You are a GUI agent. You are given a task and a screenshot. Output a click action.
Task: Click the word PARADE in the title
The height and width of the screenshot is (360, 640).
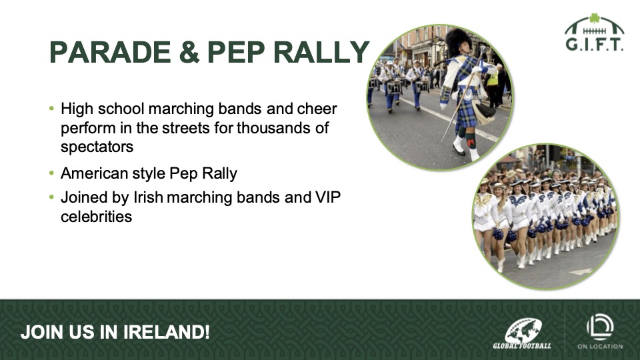coord(110,52)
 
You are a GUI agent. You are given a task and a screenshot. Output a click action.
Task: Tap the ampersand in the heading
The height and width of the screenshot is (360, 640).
coord(189,52)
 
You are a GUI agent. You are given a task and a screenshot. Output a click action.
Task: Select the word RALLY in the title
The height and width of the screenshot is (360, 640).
coord(321,52)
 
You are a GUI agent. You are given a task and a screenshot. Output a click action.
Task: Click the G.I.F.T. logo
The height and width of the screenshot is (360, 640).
coord(594,32)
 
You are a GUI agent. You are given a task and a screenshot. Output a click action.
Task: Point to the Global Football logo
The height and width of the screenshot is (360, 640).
coord(522,333)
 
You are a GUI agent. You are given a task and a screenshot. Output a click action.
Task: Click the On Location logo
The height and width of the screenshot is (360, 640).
coord(600,331)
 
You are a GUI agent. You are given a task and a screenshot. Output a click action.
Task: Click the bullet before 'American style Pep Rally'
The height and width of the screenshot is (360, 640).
coord(51,173)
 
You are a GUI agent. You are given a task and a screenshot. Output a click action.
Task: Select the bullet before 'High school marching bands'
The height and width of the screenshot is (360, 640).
coord(51,109)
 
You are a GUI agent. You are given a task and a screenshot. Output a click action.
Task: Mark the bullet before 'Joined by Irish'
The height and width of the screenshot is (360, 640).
coord(51,197)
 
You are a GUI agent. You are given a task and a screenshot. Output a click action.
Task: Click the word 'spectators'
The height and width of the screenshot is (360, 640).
coord(97,147)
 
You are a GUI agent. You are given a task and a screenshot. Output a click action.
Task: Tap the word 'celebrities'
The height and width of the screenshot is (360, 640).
coord(96,216)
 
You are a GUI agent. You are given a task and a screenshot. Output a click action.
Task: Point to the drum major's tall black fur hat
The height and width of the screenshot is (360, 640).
coord(458,41)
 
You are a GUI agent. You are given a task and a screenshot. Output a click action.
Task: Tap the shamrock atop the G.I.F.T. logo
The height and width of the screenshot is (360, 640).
coord(594,18)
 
